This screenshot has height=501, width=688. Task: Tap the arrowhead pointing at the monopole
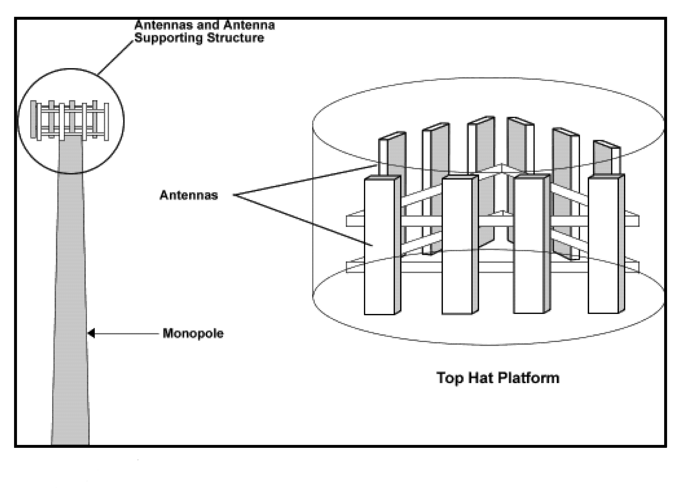(91, 333)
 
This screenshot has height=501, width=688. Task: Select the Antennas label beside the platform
(189, 195)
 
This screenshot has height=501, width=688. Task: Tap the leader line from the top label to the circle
(115, 58)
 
